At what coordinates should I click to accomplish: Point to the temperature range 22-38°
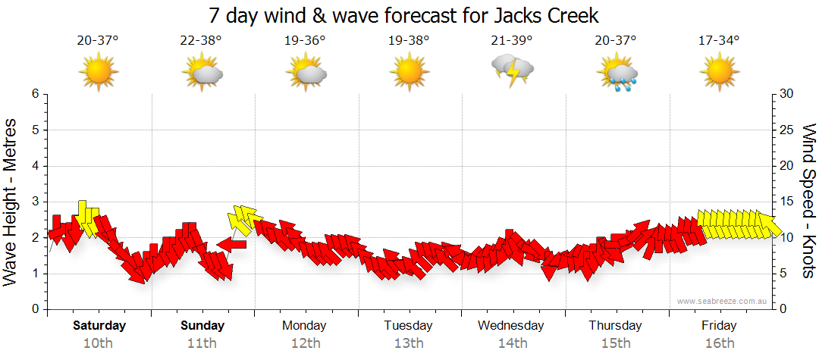tap(201, 40)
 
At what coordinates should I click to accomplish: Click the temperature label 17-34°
tap(719, 40)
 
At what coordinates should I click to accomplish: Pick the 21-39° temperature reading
tap(512, 40)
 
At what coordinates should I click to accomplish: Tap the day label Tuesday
tap(408, 326)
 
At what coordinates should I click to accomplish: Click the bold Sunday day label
tap(202, 326)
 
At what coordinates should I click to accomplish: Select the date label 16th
tap(719, 343)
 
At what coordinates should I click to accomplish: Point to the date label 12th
tap(305, 343)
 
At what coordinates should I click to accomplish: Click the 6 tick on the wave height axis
tap(34, 94)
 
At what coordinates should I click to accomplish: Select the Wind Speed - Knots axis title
tap(808, 201)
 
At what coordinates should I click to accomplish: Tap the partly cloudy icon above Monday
tap(306, 73)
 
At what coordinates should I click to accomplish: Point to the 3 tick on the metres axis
tap(34, 202)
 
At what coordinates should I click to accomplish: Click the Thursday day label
tap(615, 326)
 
